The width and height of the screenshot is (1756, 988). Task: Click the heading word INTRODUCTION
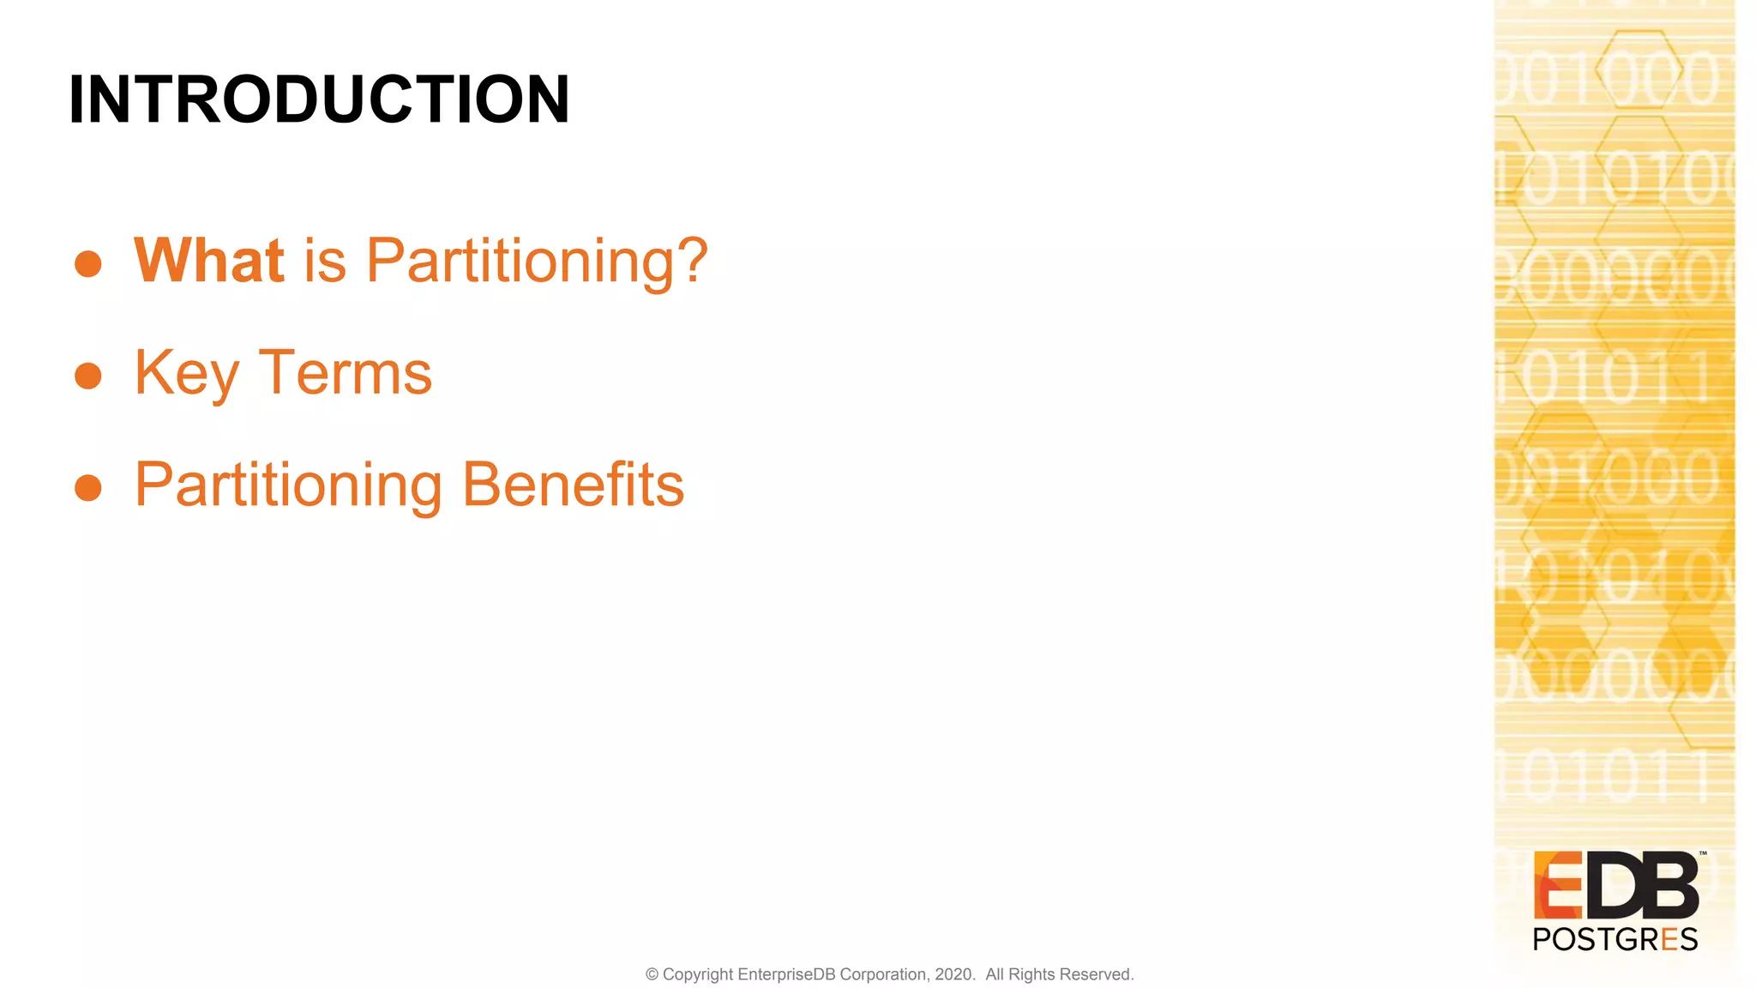(x=319, y=99)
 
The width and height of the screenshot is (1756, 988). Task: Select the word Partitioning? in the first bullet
(x=538, y=261)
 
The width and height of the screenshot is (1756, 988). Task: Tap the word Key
(x=187, y=374)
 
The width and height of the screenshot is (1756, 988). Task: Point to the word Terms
(x=346, y=374)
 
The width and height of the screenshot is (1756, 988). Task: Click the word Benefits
(x=573, y=485)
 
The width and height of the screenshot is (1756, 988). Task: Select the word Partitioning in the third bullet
(x=289, y=485)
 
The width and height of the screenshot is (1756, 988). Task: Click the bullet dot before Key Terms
(x=88, y=376)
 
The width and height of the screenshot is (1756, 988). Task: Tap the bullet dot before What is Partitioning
(x=88, y=263)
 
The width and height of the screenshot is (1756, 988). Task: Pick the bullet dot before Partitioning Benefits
(x=88, y=488)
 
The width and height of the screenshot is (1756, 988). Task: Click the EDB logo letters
(x=1615, y=886)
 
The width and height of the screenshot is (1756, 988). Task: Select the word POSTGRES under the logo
(x=1615, y=940)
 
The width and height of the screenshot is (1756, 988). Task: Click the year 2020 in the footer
(x=953, y=974)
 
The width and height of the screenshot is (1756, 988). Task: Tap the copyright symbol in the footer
(x=652, y=974)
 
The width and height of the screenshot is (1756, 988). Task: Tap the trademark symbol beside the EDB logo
(x=1703, y=853)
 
